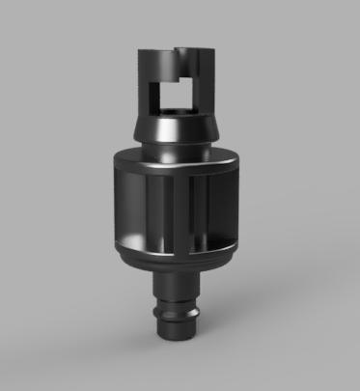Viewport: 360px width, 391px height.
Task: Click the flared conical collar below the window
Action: pyautogui.click(x=173, y=127)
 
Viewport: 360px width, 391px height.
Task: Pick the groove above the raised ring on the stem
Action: pyautogui.click(x=175, y=301)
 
